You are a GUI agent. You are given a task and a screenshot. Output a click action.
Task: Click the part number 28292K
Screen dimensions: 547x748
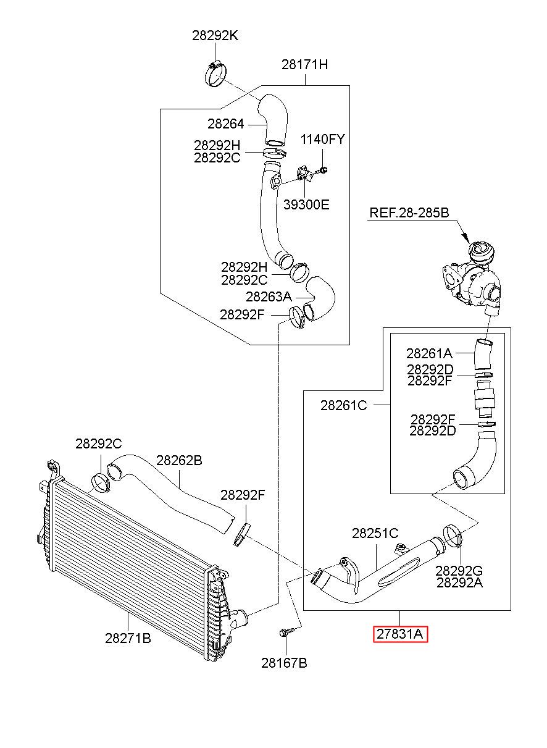click(215, 35)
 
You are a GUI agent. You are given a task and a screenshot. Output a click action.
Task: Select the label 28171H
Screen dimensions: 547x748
click(305, 64)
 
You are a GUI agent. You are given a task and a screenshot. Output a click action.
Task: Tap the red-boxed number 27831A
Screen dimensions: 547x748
click(400, 634)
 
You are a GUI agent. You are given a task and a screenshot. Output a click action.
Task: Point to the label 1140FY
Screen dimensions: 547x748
click(322, 139)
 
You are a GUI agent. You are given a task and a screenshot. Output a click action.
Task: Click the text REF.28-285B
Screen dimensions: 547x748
click(409, 212)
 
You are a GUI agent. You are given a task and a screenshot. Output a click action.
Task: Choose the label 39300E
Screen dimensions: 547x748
click(306, 204)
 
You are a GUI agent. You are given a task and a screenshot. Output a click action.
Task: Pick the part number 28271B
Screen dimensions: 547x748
click(128, 638)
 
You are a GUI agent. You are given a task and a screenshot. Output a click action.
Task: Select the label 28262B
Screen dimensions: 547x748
click(179, 461)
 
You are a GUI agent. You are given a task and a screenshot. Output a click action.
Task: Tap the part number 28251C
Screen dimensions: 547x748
click(375, 533)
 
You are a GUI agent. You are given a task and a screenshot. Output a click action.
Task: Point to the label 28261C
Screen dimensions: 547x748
click(343, 405)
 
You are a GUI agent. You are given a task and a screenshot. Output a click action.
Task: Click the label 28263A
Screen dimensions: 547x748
click(269, 296)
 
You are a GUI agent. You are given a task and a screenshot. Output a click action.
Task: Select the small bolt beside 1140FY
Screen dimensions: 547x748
click(322, 171)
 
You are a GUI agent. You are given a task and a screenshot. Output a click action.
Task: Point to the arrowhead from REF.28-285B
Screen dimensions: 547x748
click(466, 238)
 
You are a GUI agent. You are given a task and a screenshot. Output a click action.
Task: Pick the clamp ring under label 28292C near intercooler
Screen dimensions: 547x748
click(101, 482)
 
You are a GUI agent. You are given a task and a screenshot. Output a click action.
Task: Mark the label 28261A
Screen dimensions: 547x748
click(429, 353)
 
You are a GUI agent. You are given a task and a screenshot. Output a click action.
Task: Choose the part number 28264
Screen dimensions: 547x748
click(225, 124)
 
